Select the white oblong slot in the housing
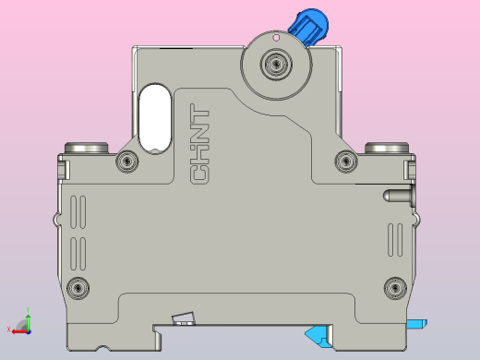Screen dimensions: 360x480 (154, 117)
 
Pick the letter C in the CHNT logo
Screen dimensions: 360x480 (200, 174)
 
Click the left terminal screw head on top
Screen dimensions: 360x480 (89, 148)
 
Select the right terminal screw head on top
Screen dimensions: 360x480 (386, 148)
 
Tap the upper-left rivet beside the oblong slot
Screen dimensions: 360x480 (126, 162)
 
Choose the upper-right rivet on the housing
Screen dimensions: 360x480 (346, 162)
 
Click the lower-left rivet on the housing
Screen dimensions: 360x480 (79, 287)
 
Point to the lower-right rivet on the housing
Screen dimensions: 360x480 (394, 287)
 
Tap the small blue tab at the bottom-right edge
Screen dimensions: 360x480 (416, 323)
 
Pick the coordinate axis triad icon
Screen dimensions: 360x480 (22, 324)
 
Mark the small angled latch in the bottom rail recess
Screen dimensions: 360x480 (185, 319)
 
